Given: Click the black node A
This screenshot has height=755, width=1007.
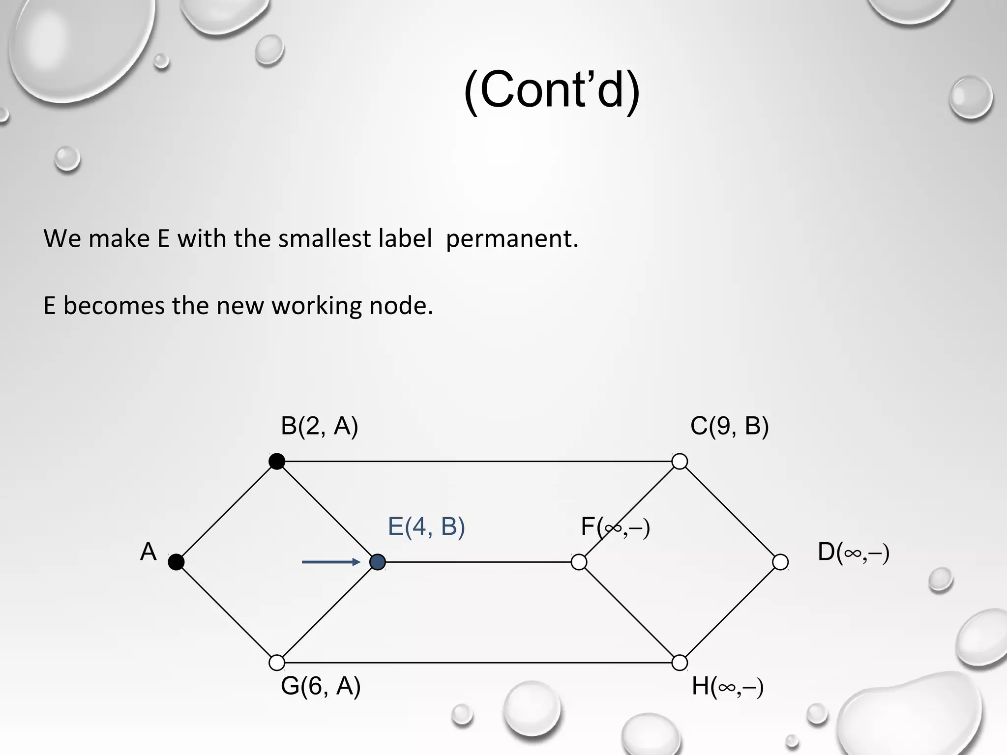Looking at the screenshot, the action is pos(176,562).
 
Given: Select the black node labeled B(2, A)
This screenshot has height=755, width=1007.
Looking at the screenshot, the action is pos(277,461).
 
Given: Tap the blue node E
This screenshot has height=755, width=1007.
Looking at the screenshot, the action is pos(378,562).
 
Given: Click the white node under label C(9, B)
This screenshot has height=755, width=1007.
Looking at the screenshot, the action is pos(680,461).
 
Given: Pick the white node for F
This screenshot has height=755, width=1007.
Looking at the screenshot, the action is pos(579,562).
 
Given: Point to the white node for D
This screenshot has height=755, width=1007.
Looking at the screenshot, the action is pos(780,562).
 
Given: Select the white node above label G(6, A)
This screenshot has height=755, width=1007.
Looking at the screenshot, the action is pos(277,663).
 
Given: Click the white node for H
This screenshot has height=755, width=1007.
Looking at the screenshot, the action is pos(680,663).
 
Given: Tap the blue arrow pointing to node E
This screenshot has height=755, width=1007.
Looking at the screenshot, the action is pos(331,562).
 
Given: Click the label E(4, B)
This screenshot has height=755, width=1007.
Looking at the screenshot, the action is pos(426,526).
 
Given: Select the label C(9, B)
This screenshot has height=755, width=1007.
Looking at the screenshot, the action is pos(729,426).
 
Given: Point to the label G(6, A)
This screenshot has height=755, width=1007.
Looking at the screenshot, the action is pos(321,686).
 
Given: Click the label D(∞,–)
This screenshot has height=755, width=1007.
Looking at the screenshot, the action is pos(853,552).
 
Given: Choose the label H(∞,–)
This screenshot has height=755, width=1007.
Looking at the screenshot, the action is pos(727,687).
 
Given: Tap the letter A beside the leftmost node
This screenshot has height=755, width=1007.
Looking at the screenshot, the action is pos(148,552).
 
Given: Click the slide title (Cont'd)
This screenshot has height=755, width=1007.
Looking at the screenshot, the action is pos(552,90).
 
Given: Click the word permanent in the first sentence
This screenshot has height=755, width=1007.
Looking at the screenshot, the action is pos(512,239).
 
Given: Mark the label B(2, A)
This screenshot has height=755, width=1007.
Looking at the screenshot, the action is pos(319,426).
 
